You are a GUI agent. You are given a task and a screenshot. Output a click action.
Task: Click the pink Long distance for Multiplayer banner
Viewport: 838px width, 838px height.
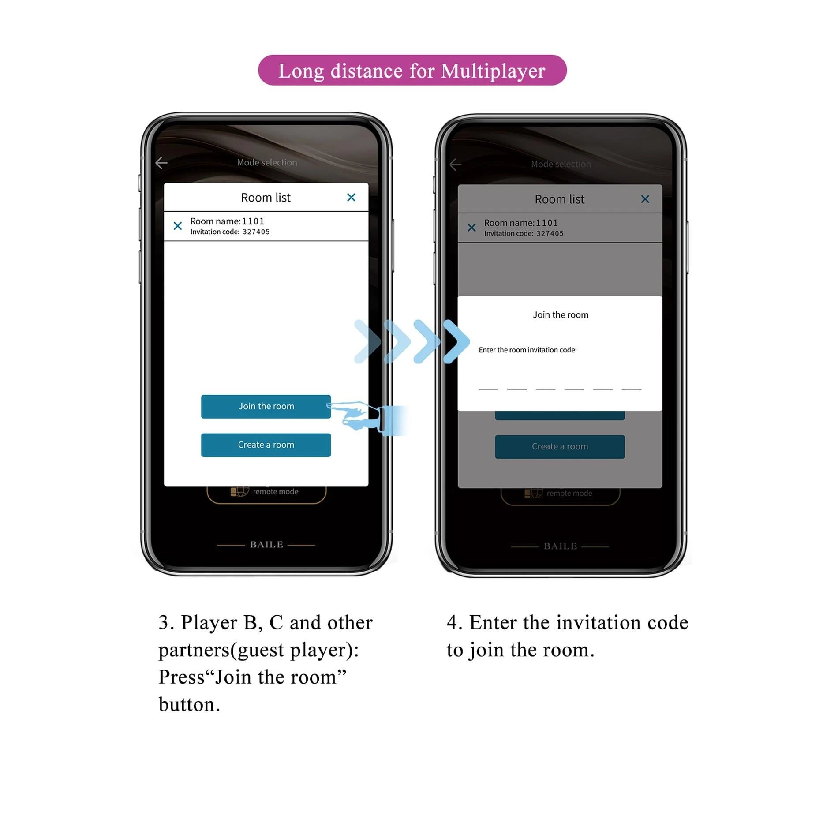pyautogui.click(x=412, y=70)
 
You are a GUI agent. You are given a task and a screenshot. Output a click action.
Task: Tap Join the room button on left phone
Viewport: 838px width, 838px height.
pyautogui.click(x=266, y=406)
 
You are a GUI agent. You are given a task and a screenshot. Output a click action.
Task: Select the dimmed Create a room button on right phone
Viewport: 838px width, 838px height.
pyautogui.click(x=560, y=446)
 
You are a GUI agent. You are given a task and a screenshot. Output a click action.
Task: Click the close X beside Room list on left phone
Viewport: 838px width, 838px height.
pyautogui.click(x=351, y=197)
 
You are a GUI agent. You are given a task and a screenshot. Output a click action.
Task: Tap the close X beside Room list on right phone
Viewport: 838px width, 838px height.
pyautogui.click(x=645, y=199)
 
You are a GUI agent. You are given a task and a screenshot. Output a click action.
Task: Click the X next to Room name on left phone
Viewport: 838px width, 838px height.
pyautogui.click(x=178, y=226)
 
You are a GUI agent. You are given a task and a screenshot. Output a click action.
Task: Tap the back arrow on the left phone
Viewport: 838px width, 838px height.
pyautogui.click(x=161, y=163)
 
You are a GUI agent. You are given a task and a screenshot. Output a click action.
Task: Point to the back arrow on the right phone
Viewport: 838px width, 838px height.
pyautogui.click(x=456, y=165)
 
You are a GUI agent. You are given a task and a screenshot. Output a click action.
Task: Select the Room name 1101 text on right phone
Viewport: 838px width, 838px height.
pyautogui.click(x=521, y=223)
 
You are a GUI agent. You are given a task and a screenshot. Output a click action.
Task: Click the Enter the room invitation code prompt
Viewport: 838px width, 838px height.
pyautogui.click(x=527, y=350)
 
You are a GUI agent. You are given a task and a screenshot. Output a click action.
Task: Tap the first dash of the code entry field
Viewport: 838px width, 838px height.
pyautogui.click(x=488, y=389)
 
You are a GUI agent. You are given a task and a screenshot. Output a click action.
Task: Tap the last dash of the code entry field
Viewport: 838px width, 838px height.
pyautogui.click(x=631, y=389)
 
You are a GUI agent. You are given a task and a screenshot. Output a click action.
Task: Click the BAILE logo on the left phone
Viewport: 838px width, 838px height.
pyautogui.click(x=266, y=545)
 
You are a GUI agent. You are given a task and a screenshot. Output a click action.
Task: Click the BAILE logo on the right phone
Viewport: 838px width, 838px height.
pyautogui.click(x=560, y=546)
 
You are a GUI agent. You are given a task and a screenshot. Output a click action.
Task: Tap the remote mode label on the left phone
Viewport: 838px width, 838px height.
pyautogui.click(x=276, y=491)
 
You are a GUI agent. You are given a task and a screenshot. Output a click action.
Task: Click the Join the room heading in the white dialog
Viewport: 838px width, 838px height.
pyautogui.click(x=561, y=314)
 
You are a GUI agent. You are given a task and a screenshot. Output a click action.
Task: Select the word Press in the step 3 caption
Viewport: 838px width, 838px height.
pyautogui.click(x=182, y=677)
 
